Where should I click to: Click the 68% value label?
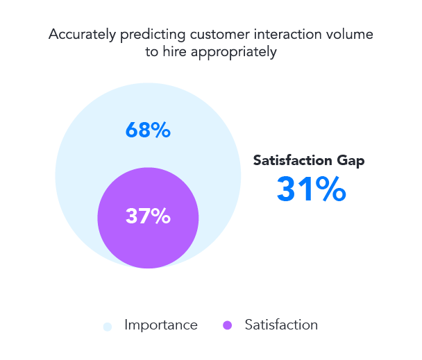(x=148, y=130)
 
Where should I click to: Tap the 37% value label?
(x=148, y=216)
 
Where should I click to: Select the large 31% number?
(x=310, y=189)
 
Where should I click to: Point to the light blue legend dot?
(x=107, y=326)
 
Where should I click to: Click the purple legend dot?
(x=228, y=326)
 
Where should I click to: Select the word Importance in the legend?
(x=161, y=325)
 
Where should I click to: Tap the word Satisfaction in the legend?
(x=281, y=325)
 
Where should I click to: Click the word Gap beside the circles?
(x=348, y=160)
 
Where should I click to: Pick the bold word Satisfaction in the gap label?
(x=292, y=160)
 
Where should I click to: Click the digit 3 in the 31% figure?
(x=289, y=189)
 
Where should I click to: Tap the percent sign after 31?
(x=330, y=189)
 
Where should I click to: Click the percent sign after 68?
(x=161, y=130)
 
